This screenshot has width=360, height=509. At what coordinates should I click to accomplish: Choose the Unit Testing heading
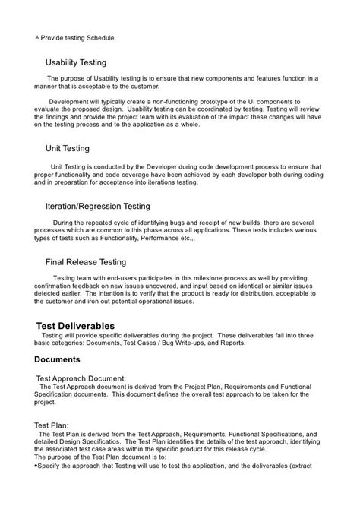pyautogui.click(x=68, y=149)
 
